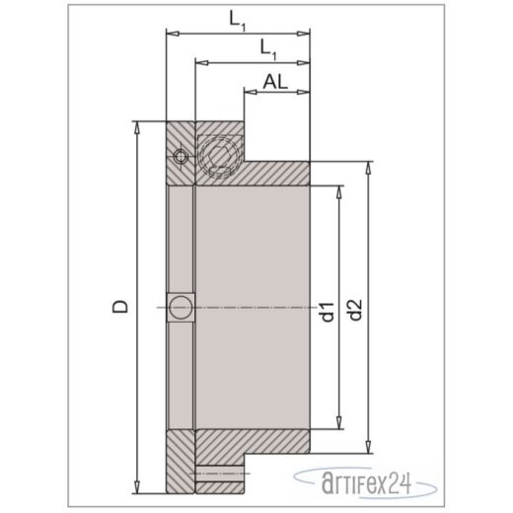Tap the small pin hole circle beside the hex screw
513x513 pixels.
(179, 155)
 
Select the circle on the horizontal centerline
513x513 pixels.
(181, 307)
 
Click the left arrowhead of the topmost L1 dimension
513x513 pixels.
(171, 32)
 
